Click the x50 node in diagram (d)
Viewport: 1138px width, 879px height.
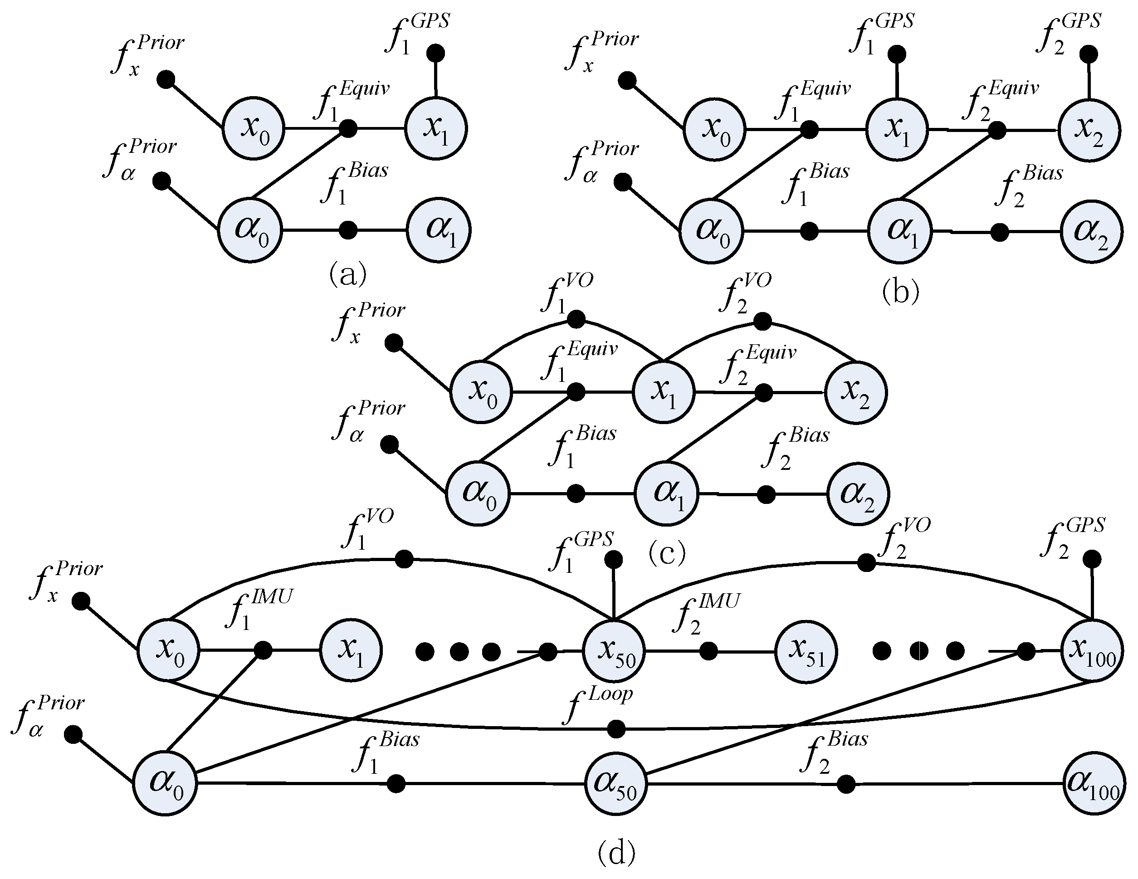click(x=614, y=651)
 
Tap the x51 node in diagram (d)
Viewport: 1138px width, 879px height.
click(x=806, y=652)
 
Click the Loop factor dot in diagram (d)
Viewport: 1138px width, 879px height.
click(x=616, y=729)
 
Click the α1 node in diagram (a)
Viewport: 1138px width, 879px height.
click(x=439, y=230)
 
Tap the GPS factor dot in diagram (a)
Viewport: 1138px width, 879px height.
click(x=435, y=53)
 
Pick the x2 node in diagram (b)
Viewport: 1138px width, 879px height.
click(x=1089, y=130)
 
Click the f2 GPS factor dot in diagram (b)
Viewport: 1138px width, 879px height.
click(x=1089, y=54)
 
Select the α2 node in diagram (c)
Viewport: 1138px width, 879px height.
click(x=857, y=494)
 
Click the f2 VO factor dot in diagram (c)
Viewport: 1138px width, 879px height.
click(x=762, y=322)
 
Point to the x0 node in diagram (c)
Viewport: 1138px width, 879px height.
click(x=481, y=392)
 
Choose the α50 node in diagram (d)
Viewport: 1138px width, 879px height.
click(x=615, y=783)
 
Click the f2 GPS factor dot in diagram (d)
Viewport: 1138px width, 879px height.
click(x=1092, y=560)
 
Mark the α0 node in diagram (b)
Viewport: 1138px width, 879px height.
click(x=712, y=231)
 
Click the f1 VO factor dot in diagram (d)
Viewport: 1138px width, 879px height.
click(x=404, y=560)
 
